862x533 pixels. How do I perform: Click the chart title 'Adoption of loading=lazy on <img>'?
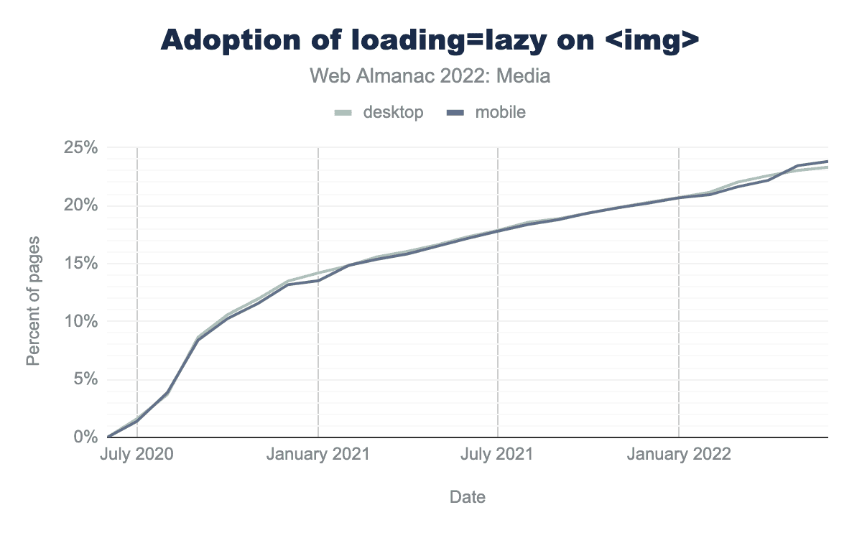click(430, 40)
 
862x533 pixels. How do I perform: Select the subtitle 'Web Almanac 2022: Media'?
click(430, 75)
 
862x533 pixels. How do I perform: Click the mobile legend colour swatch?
click(456, 112)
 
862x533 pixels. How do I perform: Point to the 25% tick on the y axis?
click(80, 148)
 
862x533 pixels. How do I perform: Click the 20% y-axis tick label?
click(80, 206)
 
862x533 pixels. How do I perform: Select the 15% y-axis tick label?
click(80, 264)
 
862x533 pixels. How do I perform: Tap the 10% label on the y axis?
click(80, 322)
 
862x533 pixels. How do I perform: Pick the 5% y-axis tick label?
click(83, 379)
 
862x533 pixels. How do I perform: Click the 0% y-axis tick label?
click(83, 437)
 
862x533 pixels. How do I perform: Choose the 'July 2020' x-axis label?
click(136, 455)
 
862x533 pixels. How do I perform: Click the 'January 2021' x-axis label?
click(318, 455)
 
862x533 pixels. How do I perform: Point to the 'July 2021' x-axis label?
click(498, 455)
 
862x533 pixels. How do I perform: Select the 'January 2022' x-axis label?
click(679, 455)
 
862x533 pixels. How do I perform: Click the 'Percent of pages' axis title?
click(33, 300)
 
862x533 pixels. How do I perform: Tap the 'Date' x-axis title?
click(467, 497)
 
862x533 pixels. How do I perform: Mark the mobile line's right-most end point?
click(828, 162)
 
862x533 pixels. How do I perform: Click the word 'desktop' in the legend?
click(393, 112)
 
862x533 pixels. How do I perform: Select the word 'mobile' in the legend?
click(500, 112)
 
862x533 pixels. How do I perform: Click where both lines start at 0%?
click(108, 437)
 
